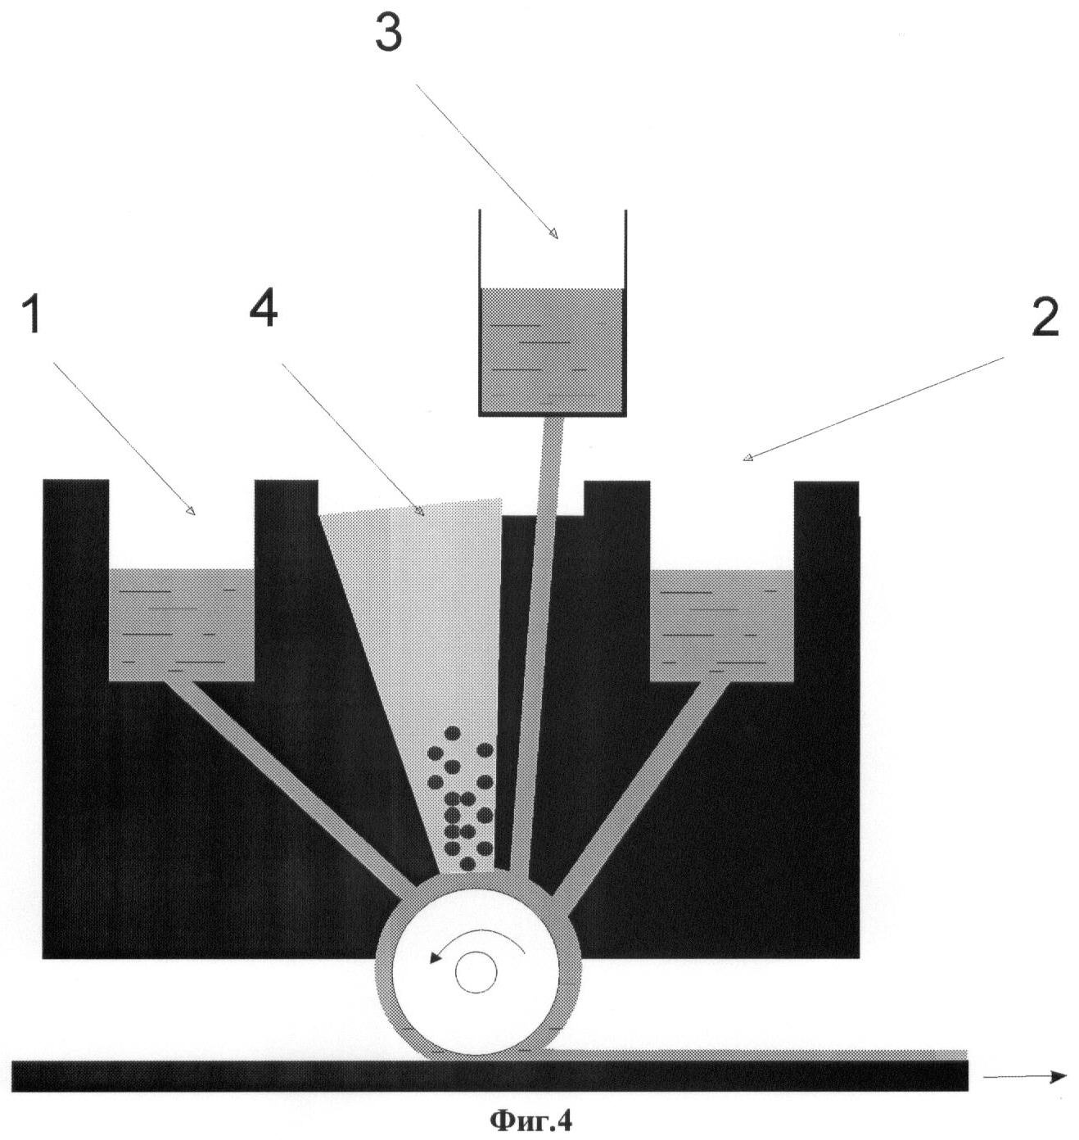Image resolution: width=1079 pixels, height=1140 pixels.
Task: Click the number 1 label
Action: pyautogui.click(x=34, y=316)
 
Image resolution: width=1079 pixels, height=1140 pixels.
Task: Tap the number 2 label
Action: pyautogui.click(x=1045, y=318)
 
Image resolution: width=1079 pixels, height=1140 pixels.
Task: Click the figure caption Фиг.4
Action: pyautogui.click(x=531, y=1120)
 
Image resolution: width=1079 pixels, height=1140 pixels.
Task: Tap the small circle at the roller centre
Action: pyautogui.click(x=476, y=972)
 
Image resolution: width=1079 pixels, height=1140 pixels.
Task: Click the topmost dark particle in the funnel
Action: pyautogui.click(x=452, y=733)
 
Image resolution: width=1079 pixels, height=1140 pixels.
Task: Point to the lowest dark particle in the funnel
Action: pyautogui.click(x=467, y=863)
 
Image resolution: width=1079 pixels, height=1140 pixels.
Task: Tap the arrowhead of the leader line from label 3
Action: pyautogui.click(x=554, y=235)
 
